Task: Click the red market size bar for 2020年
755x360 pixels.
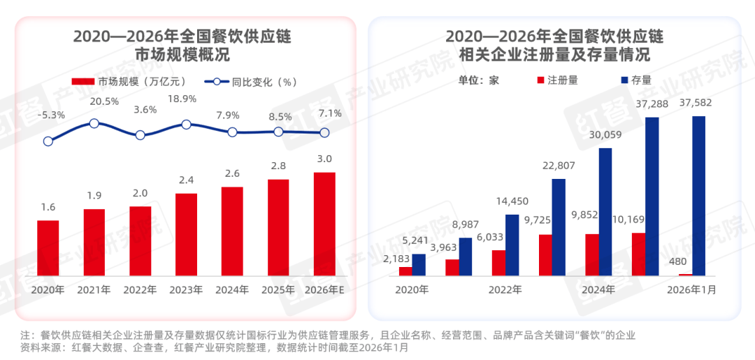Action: [x=48, y=249]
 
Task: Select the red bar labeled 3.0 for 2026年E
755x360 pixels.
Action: [x=324, y=224]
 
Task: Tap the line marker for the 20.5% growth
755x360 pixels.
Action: [x=94, y=123]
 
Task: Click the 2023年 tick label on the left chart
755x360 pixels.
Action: [x=186, y=289]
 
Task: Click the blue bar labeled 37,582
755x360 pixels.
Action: [x=698, y=196]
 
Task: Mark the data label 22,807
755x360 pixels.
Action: [x=558, y=166]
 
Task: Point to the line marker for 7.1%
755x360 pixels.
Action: [x=324, y=132]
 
